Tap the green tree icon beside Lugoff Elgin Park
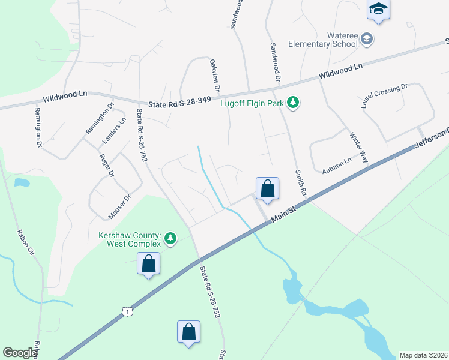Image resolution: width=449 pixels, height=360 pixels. coord(293,103)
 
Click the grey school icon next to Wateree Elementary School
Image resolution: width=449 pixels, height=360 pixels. coord(367,40)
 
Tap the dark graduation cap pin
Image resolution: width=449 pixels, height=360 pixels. coord(378,9)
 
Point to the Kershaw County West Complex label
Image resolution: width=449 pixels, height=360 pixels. coord(130,240)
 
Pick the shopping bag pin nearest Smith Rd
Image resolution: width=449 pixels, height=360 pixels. coord(268,189)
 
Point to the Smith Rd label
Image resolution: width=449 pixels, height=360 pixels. coord(300,184)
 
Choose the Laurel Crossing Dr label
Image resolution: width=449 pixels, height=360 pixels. coord(384,95)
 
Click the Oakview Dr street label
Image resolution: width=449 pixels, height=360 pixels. coord(214,76)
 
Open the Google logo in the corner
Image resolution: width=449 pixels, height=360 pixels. coord(20,353)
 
